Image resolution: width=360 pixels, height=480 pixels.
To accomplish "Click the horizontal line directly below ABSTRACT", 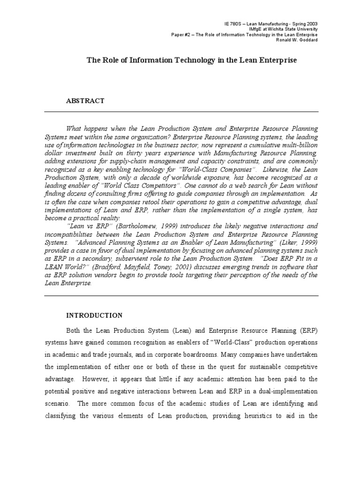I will point(181,112).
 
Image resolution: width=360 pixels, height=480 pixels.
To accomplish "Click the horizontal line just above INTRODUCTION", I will point(181,295).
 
